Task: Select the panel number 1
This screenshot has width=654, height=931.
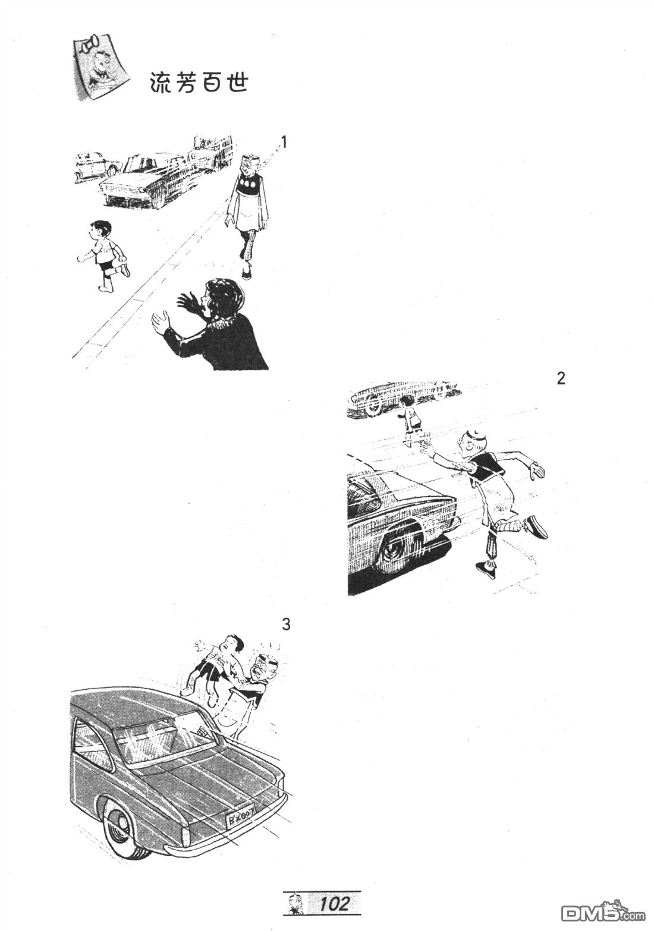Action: tap(284, 143)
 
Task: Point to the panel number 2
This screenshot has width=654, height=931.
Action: tap(561, 378)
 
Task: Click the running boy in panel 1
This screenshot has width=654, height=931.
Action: tap(103, 256)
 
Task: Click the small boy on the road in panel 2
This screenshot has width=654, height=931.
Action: tap(410, 420)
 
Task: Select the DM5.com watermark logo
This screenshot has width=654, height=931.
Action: tap(603, 910)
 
